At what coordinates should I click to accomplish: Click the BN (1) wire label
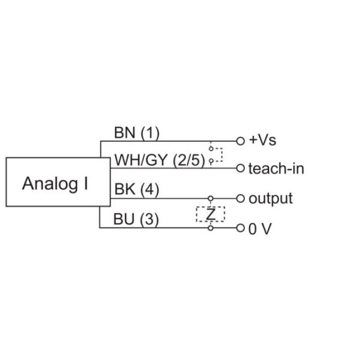tap(137, 133)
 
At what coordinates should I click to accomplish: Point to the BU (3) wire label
tap(137, 219)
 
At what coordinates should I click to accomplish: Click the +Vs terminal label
tap(263, 141)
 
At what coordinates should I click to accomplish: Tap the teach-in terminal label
tap(276, 169)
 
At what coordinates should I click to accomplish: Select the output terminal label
tap(271, 199)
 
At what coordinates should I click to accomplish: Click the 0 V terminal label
tap(260, 229)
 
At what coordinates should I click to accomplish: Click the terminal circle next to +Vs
tap(240, 141)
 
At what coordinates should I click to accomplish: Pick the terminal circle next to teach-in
tap(240, 169)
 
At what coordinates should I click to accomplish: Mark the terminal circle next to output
tap(240, 198)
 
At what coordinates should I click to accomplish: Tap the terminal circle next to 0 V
tap(240, 228)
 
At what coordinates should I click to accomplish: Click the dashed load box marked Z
tap(211, 214)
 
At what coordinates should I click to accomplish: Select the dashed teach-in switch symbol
tap(215, 154)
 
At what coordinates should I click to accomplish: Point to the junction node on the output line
tap(211, 198)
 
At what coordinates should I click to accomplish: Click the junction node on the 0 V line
tap(211, 228)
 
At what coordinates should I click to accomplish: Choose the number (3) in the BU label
tap(150, 219)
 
